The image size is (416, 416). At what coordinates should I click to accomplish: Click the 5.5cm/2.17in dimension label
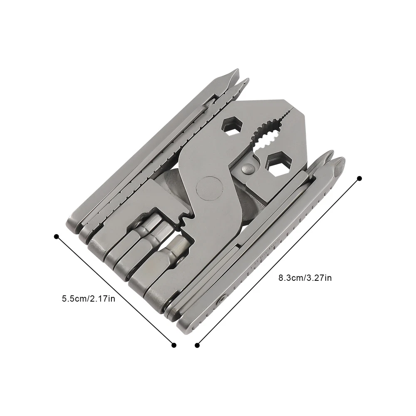tap(89, 299)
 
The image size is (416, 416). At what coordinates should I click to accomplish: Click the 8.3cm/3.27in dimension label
tap(305, 278)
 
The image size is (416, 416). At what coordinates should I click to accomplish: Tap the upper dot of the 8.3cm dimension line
tap(359, 178)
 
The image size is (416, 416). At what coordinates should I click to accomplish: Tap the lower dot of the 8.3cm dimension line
tap(197, 345)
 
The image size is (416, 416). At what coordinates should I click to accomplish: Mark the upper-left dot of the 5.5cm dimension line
tap(56, 236)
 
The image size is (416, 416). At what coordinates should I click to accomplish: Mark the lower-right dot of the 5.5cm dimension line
tap(174, 345)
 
